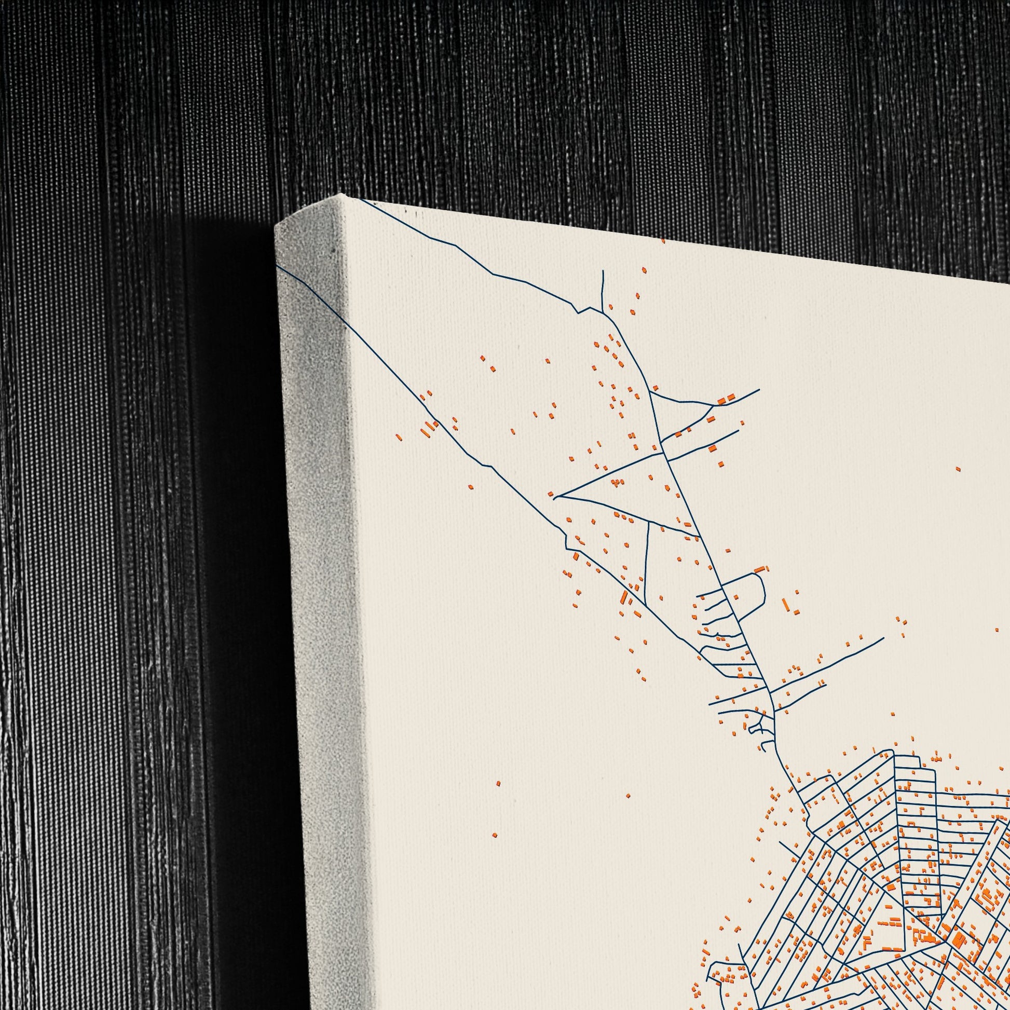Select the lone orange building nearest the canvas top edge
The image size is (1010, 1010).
click(x=663, y=241)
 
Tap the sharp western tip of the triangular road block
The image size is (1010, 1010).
click(x=555, y=497)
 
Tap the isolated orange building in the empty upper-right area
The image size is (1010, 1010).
click(x=958, y=469)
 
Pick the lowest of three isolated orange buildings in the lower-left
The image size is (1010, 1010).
click(x=495, y=850)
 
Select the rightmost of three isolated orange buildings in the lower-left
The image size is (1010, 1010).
click(x=629, y=796)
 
